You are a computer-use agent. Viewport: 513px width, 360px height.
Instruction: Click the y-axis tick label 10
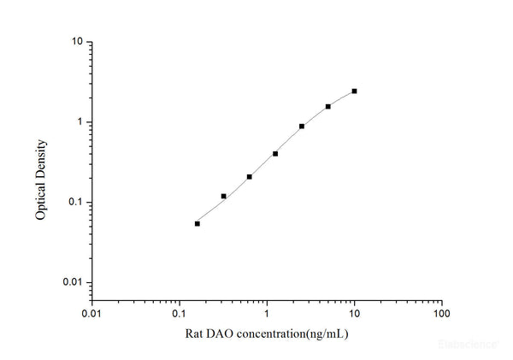tap(76, 42)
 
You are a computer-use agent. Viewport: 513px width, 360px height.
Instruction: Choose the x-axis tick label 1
tap(267, 314)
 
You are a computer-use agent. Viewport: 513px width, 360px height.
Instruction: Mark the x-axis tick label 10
tap(354, 314)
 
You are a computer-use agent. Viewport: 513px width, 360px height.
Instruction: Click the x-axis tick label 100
tap(442, 314)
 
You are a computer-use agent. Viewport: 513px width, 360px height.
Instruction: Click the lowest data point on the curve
tap(198, 224)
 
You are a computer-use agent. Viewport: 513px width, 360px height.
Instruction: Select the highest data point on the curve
tap(354, 91)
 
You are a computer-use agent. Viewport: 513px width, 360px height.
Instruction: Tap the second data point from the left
tap(224, 196)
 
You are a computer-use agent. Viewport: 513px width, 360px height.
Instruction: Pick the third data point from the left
tap(250, 177)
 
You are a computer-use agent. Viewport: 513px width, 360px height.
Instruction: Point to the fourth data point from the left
tap(275, 154)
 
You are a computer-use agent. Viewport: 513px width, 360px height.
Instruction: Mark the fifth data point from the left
tap(302, 127)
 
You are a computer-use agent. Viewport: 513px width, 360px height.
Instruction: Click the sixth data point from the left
tap(328, 107)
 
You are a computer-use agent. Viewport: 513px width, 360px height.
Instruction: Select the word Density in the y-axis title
tap(40, 159)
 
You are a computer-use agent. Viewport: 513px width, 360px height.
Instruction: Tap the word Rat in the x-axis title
tap(193, 333)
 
